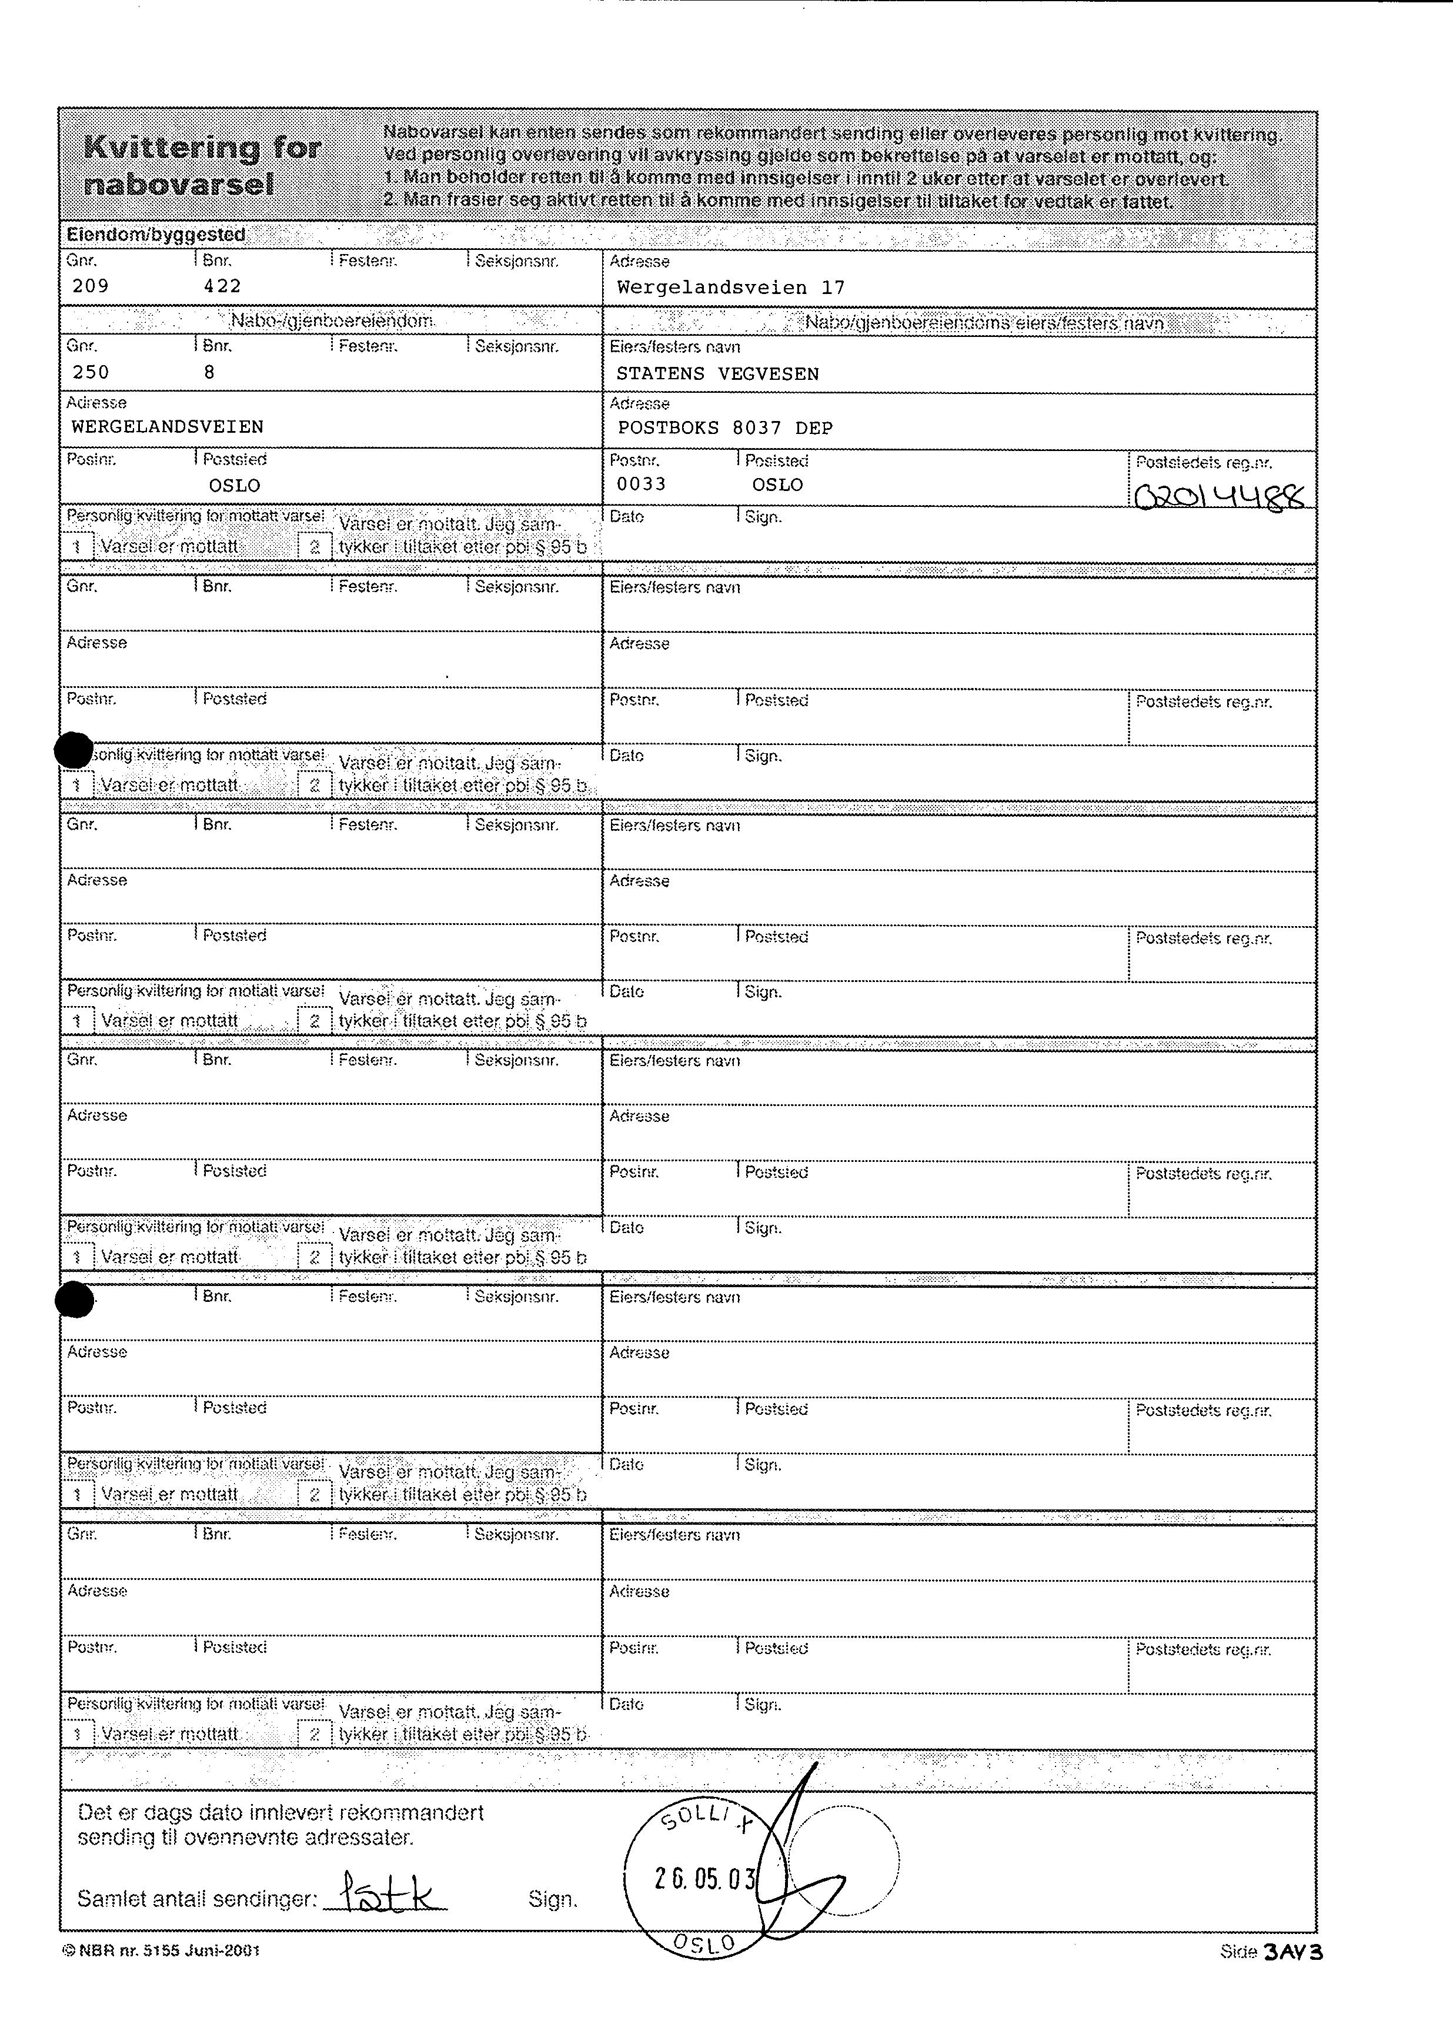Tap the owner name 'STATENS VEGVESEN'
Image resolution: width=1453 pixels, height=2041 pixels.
(x=717, y=374)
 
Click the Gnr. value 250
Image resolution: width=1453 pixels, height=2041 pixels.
(x=91, y=372)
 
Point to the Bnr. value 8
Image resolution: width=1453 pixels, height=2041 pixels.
(x=209, y=372)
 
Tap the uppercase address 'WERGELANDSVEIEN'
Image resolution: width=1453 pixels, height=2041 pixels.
(x=168, y=427)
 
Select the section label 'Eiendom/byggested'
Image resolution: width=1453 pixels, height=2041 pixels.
(x=156, y=235)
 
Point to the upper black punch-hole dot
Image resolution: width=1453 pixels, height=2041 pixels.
(x=74, y=750)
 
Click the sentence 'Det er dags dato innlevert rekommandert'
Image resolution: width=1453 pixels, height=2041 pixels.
(x=280, y=1813)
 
